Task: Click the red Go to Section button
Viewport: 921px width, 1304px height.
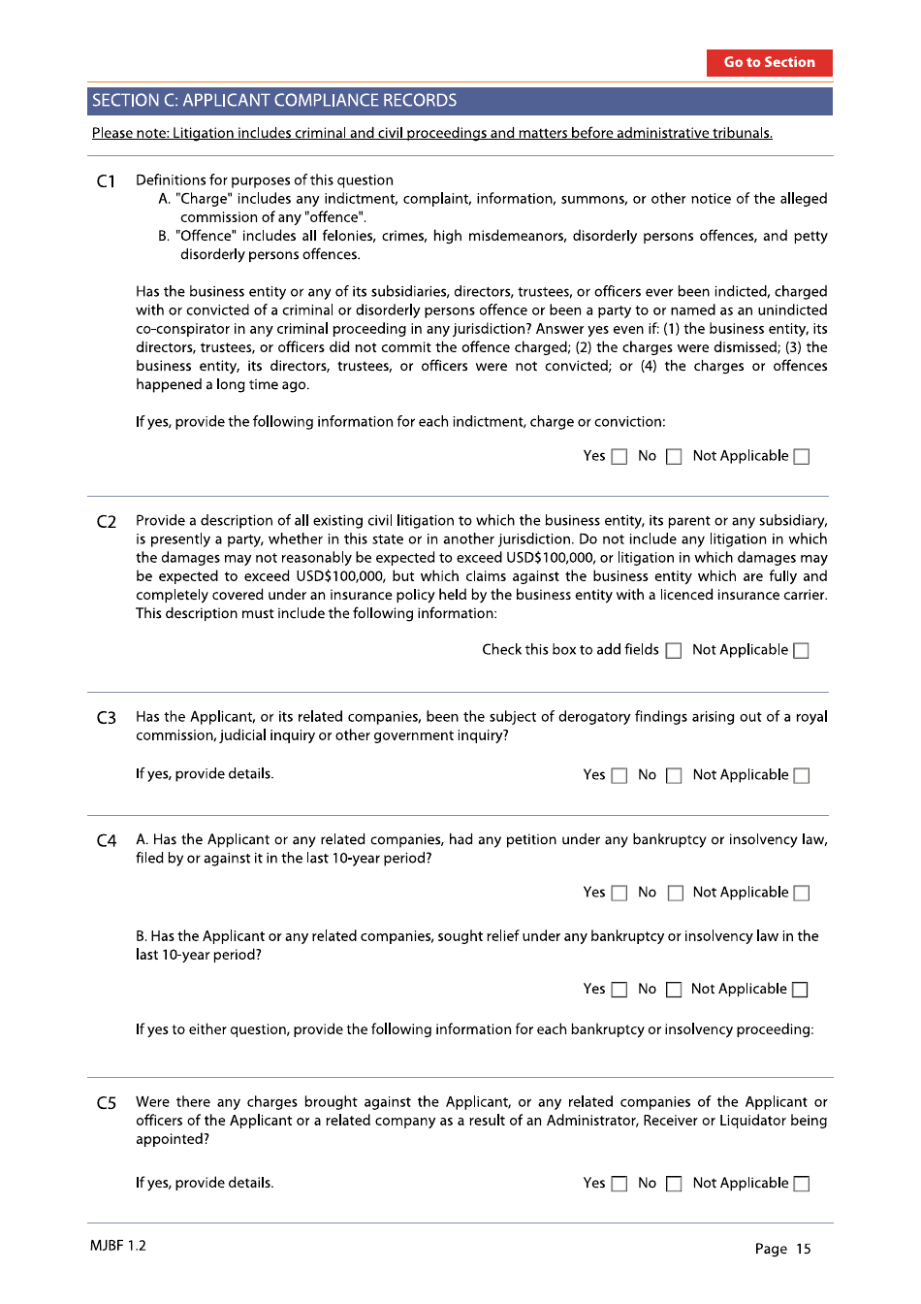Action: [769, 62]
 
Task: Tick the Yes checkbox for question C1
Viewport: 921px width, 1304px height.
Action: [619, 457]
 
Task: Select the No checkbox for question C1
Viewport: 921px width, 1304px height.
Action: [674, 457]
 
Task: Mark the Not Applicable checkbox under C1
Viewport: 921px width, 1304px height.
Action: [802, 457]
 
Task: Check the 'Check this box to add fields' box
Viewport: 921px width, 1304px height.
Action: [674, 651]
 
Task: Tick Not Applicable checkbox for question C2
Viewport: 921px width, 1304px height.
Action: [802, 651]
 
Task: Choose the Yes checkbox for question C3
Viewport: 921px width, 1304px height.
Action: [619, 776]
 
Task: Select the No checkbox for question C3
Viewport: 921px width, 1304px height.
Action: [674, 776]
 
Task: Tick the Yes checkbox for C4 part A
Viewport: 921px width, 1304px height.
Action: [619, 894]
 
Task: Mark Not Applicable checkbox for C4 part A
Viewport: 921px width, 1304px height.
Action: [802, 894]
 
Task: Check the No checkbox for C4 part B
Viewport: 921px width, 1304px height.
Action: [674, 991]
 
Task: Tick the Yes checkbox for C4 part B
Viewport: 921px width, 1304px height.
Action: [619, 991]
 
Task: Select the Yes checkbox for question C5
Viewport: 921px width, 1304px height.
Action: [619, 1185]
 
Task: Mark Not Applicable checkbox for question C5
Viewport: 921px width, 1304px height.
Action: [802, 1185]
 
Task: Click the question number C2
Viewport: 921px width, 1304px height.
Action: [107, 522]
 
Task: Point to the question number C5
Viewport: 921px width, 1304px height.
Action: [107, 1103]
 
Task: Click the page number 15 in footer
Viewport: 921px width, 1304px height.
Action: [803, 1249]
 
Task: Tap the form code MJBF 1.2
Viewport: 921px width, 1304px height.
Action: [118, 1246]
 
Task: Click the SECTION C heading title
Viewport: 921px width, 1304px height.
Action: [274, 101]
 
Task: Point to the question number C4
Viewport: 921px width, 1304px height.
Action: [107, 841]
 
